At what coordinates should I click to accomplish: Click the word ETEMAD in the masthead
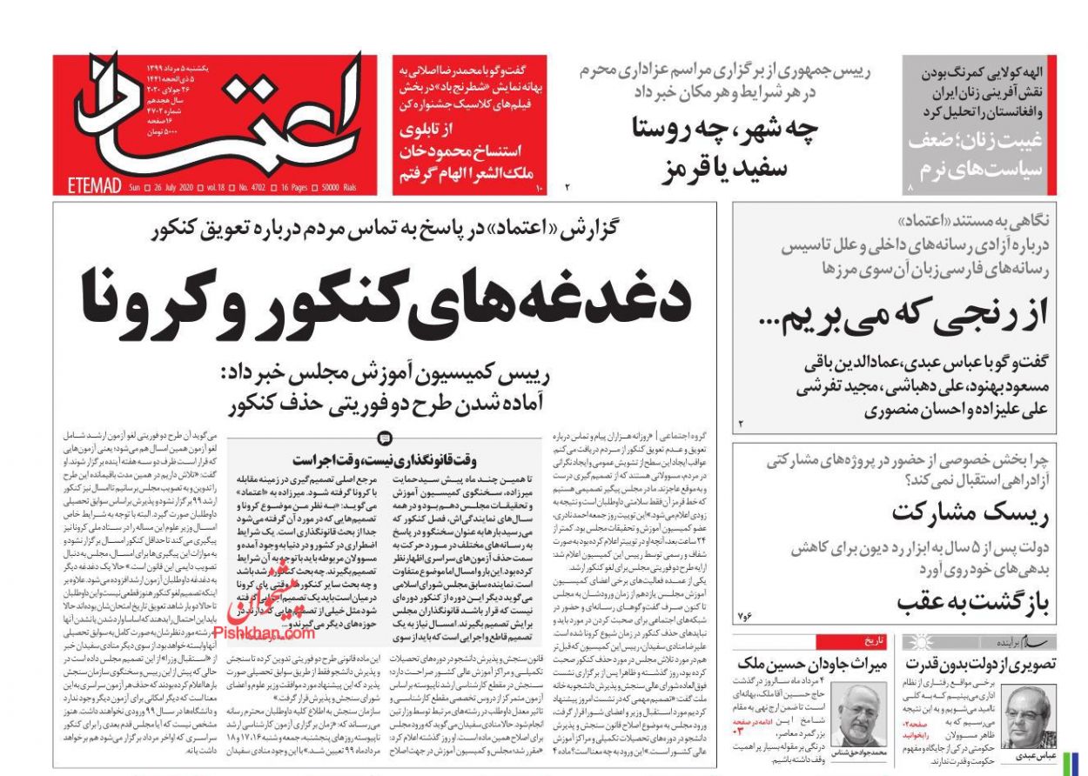[96, 185]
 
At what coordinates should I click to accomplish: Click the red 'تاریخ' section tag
[873, 643]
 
